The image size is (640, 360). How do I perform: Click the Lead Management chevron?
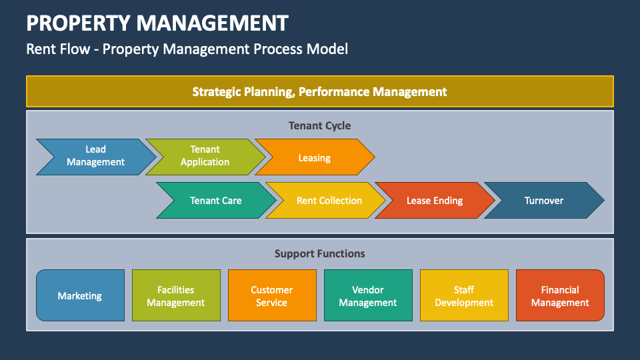coord(95,156)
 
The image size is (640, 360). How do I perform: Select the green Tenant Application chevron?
coord(205,156)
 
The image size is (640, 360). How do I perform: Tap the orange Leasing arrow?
coord(314,158)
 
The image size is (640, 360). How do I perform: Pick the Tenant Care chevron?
coord(215,201)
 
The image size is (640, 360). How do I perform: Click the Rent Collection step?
coord(329,201)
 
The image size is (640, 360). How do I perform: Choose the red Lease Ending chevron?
coord(435,201)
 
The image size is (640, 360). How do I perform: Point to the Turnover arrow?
coord(543,201)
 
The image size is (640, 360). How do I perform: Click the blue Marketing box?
coord(80,296)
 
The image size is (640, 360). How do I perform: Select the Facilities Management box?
coord(176,296)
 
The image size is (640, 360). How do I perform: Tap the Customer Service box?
coord(272,296)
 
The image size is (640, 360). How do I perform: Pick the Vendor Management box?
coord(368,296)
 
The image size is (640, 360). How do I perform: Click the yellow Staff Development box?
coord(464,296)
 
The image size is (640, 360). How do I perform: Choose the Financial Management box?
coord(560,296)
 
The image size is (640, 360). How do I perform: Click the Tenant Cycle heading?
coord(319,125)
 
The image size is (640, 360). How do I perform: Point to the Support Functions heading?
coord(319,253)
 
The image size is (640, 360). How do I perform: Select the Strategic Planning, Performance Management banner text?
coord(319,91)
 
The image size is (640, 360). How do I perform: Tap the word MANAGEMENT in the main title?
coord(213,23)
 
